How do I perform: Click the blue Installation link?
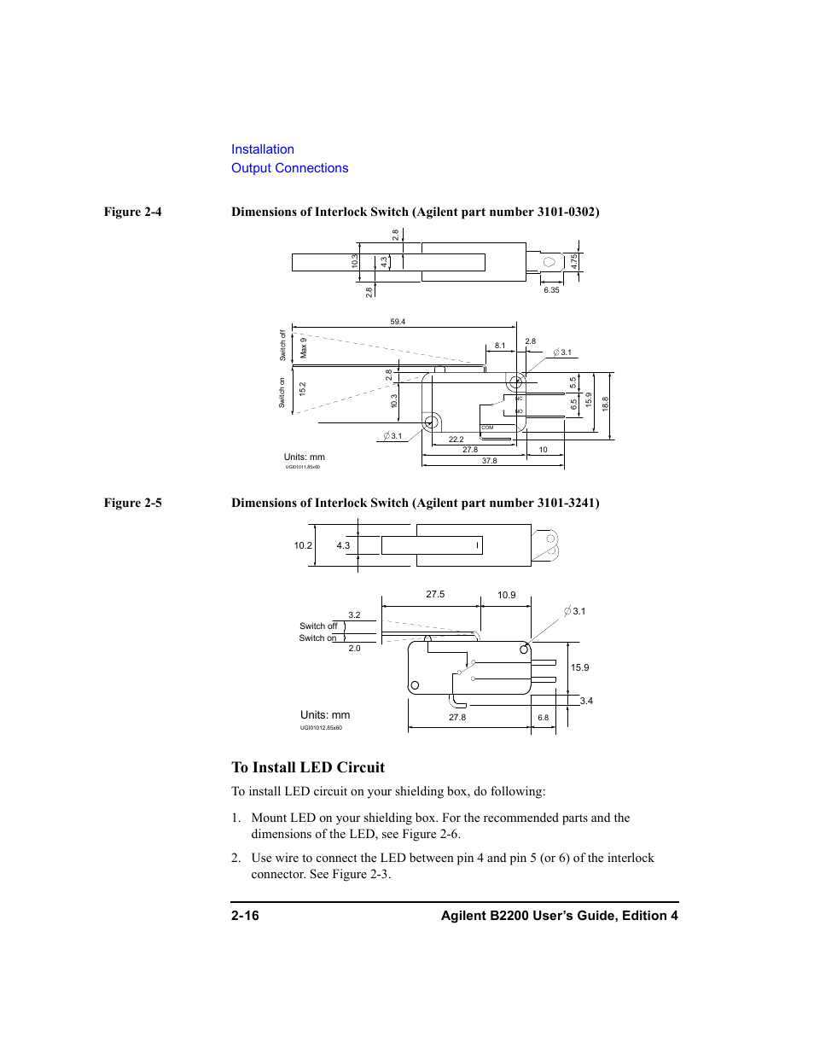pyautogui.click(x=262, y=149)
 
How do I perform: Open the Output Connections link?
pyautogui.click(x=289, y=168)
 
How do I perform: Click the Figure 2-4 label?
pyautogui.click(x=132, y=212)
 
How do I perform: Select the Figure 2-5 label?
pyautogui.click(x=132, y=503)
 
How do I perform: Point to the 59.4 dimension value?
pyautogui.click(x=398, y=322)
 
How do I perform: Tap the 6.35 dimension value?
pyautogui.click(x=551, y=290)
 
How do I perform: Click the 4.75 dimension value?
pyautogui.click(x=575, y=261)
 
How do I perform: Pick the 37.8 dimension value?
pyautogui.click(x=489, y=461)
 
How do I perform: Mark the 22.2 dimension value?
pyautogui.click(x=456, y=440)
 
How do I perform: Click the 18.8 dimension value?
pyautogui.click(x=605, y=405)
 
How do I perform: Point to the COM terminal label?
pyautogui.click(x=487, y=428)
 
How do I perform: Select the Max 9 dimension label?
pyautogui.click(x=303, y=347)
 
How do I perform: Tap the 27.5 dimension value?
pyautogui.click(x=435, y=594)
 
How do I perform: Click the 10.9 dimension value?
pyautogui.click(x=506, y=595)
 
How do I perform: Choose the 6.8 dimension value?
pyautogui.click(x=543, y=718)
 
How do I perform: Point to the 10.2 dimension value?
pyautogui.click(x=303, y=545)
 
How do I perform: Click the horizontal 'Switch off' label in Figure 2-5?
pyautogui.click(x=318, y=626)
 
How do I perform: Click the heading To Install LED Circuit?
pyautogui.click(x=308, y=767)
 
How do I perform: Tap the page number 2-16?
pyautogui.click(x=245, y=915)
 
